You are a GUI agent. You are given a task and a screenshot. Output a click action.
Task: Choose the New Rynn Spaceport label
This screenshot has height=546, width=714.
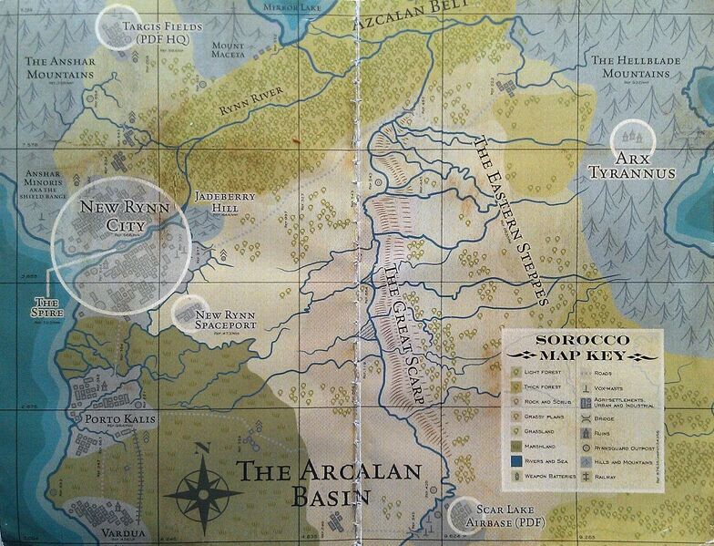tap(227, 321)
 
